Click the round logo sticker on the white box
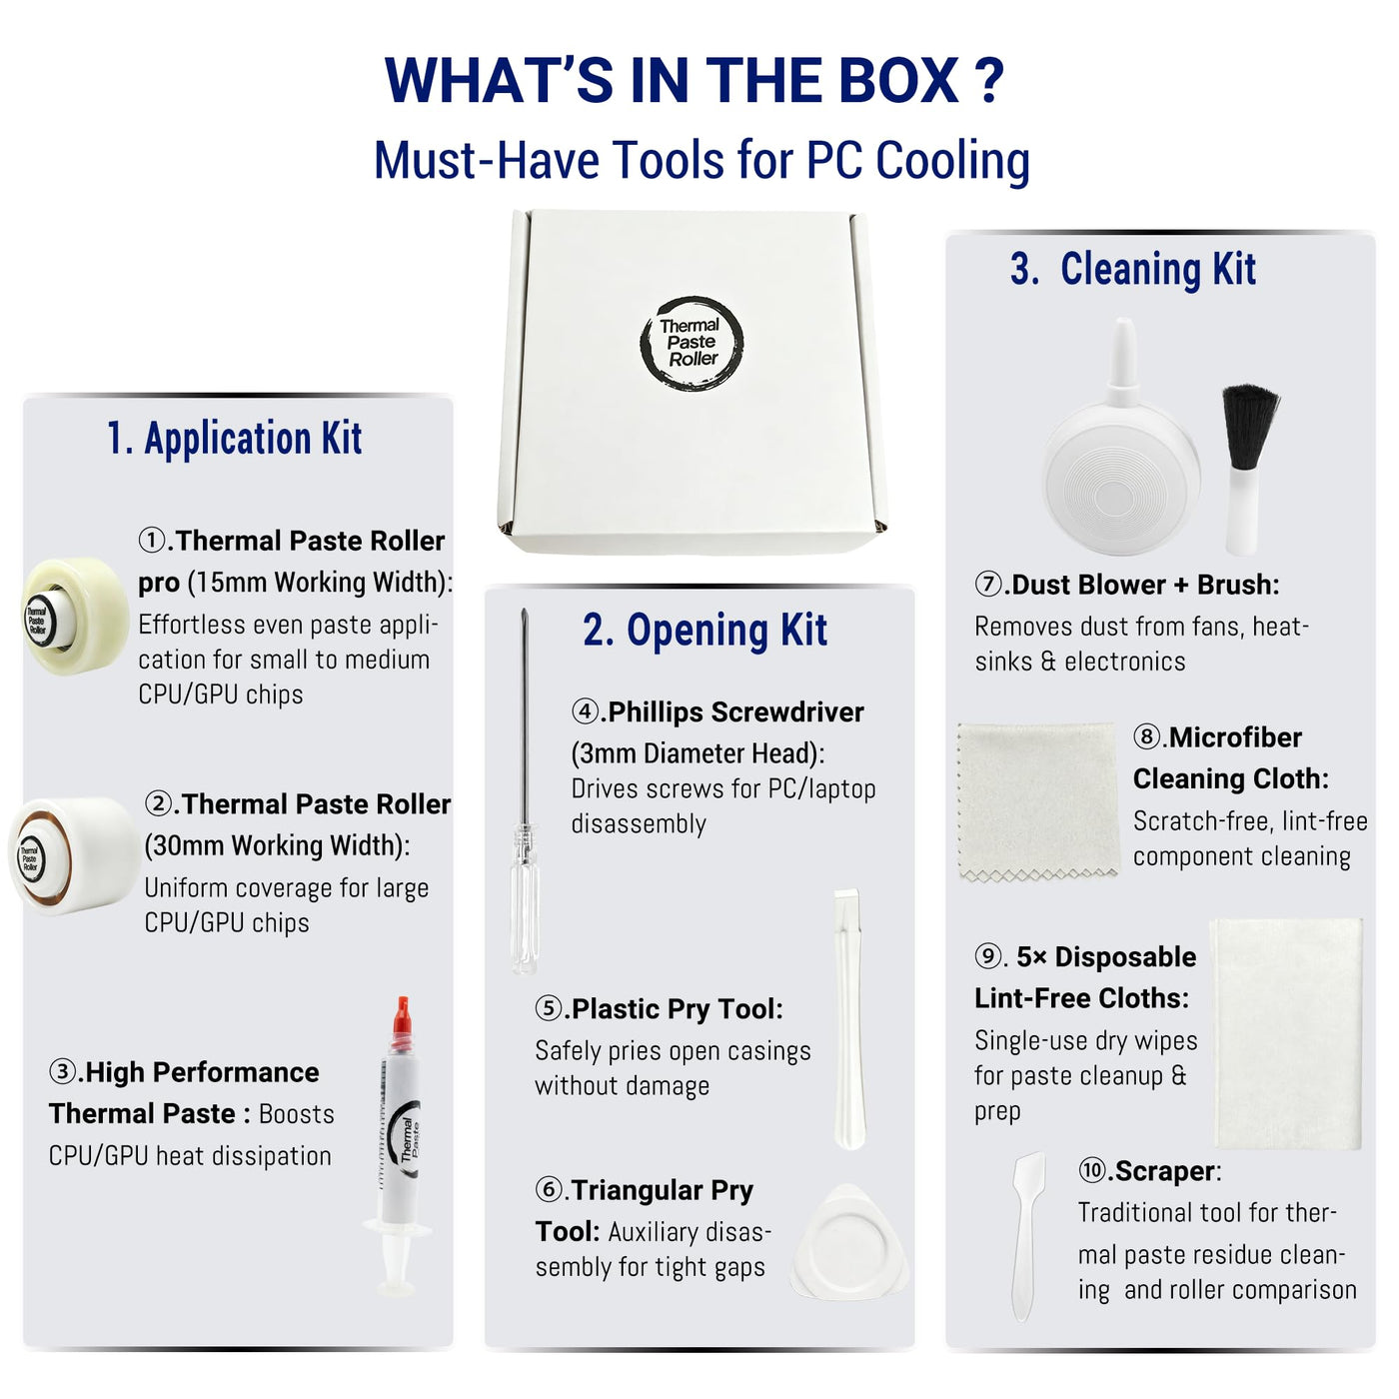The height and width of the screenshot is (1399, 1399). [692, 343]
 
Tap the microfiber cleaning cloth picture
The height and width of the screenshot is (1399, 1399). [1038, 801]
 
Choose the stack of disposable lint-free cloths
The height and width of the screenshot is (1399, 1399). [1286, 1034]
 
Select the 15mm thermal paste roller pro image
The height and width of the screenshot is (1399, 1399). [75, 616]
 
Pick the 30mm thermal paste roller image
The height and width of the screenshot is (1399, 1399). [74, 855]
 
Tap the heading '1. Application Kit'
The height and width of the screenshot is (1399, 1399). [235, 438]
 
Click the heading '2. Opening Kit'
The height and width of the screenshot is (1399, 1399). [704, 630]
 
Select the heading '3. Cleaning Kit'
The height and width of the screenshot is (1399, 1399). [1132, 269]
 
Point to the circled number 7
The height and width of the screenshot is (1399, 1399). [988, 585]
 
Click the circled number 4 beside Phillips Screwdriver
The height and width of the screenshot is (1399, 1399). [586, 711]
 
